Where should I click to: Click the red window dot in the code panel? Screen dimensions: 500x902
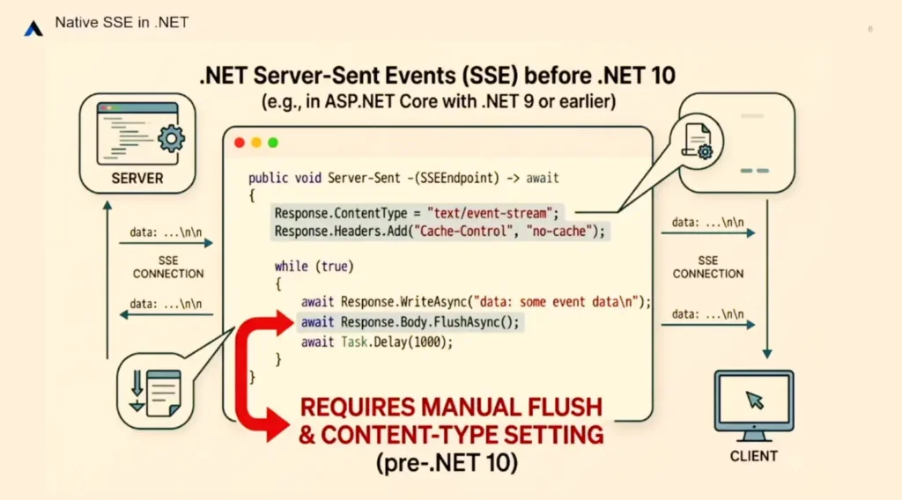[240, 143]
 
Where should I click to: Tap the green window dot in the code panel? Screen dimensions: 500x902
[273, 143]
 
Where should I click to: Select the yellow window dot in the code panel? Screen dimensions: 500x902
[256, 143]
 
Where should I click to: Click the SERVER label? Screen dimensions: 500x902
[137, 179]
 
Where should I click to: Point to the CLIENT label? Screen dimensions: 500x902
[754, 456]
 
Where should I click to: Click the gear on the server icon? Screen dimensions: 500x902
[170, 138]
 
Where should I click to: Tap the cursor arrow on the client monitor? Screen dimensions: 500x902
[754, 401]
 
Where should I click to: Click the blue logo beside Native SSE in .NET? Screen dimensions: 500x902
[33, 28]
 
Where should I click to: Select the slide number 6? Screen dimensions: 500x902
[870, 30]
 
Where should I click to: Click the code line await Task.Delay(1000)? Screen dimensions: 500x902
[376, 342]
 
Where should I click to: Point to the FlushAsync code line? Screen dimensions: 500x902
[410, 322]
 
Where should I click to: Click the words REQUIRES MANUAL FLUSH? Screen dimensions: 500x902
[451, 408]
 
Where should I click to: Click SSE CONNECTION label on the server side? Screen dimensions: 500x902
[168, 267]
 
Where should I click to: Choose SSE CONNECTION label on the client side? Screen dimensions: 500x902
[707, 267]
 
